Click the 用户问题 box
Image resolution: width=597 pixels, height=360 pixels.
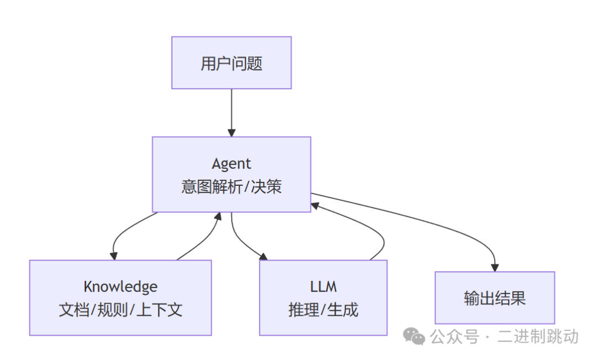tap(231, 63)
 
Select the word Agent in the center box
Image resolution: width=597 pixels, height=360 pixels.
tap(231, 164)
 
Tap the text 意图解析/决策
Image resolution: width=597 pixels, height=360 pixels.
tap(231, 187)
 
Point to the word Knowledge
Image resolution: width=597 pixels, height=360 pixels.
tap(121, 286)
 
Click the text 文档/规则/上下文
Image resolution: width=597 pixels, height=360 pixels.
tap(121, 310)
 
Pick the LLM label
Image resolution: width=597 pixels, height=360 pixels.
tap(323, 286)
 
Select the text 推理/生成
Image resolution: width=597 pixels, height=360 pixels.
tap(323, 310)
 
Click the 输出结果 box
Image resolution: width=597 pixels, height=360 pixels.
tap(495, 298)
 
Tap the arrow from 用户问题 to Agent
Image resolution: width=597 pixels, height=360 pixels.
tap(231, 111)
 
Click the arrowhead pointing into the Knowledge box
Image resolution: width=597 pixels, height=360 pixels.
tap(114, 255)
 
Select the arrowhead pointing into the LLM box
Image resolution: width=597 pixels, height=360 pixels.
tap(263, 255)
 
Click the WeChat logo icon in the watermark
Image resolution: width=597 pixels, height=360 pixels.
tap(414, 336)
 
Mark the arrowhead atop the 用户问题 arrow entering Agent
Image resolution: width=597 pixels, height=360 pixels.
tap(231, 132)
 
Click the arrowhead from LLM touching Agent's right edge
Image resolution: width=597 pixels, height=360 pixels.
tap(315, 205)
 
